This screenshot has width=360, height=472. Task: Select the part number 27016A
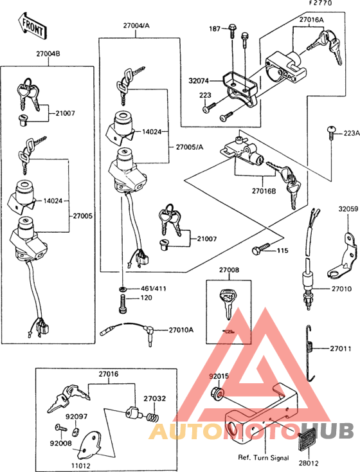pyautogui.click(x=312, y=20)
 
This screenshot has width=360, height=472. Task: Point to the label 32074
pyautogui.click(x=199, y=82)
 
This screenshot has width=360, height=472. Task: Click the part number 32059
pyautogui.click(x=348, y=210)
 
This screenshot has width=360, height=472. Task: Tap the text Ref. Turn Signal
pyautogui.click(x=262, y=458)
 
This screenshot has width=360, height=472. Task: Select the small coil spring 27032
pyautogui.click(x=154, y=417)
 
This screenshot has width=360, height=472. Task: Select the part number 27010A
pyautogui.click(x=181, y=330)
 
